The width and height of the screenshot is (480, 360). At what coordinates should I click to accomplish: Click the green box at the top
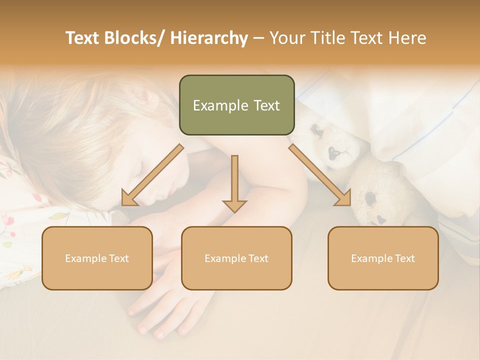tap(236, 105)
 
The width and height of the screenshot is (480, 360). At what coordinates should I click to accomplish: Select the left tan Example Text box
tap(97, 258)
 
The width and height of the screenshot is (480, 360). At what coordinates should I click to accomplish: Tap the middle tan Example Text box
tap(236, 258)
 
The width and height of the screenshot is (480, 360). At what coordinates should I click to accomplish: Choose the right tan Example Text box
tap(383, 258)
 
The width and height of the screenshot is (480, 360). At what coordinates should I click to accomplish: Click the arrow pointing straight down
tap(234, 185)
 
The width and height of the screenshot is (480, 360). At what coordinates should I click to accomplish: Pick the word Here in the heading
tap(408, 38)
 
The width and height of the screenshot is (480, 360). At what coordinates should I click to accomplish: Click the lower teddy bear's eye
tap(370, 199)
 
